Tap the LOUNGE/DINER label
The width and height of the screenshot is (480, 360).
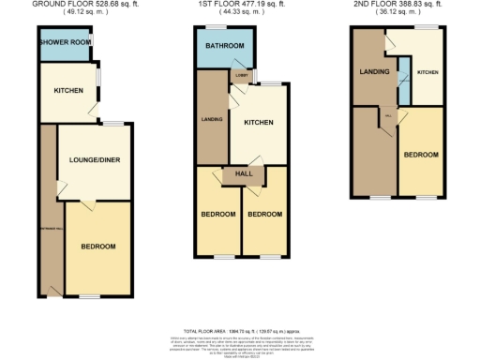pyautogui.click(x=94, y=159)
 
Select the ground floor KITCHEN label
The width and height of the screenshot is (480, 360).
pyautogui.click(x=68, y=90)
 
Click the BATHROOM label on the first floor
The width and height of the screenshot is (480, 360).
pyautogui.click(x=225, y=46)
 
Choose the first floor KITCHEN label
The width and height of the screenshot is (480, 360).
pyautogui.click(x=258, y=122)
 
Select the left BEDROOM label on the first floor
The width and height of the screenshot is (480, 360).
pyautogui.click(x=217, y=214)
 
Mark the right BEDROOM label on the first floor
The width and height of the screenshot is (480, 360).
pyautogui.click(x=264, y=214)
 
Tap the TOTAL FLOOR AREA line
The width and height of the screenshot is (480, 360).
pyautogui.click(x=242, y=332)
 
